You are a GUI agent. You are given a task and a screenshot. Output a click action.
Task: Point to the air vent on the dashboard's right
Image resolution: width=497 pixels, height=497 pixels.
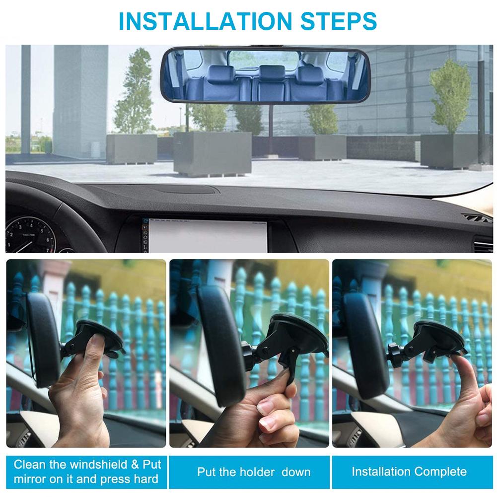[477, 218]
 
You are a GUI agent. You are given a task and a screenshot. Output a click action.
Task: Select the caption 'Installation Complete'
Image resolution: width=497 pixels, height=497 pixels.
[409, 471]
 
